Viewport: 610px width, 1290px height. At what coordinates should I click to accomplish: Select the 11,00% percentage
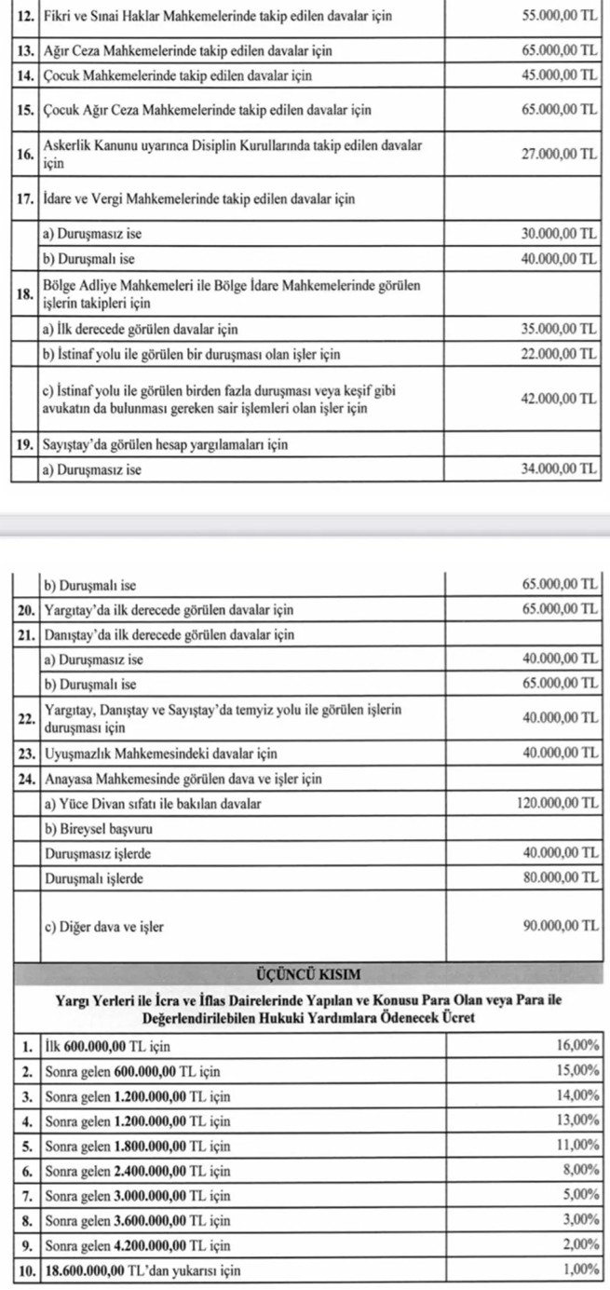click(576, 1145)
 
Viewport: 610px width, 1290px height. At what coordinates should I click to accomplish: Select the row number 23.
click(26, 753)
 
